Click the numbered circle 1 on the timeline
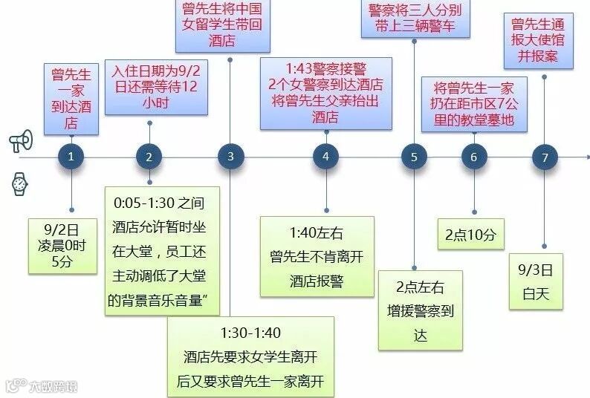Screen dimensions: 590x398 point(71,157)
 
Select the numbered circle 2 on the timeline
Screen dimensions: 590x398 point(149,157)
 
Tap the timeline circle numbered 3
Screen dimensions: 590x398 point(230,157)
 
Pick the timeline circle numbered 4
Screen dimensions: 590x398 point(325,157)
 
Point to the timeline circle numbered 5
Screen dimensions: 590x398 point(414,157)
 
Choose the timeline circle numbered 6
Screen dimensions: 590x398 point(474,157)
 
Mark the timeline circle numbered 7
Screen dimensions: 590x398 point(545,157)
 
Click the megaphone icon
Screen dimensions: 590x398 point(21,141)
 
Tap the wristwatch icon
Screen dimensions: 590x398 point(20,184)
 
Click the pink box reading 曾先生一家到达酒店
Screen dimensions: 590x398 point(71,99)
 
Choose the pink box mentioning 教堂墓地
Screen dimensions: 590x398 point(474,104)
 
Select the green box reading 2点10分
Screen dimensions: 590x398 point(470,235)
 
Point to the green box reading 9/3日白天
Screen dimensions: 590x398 point(536,282)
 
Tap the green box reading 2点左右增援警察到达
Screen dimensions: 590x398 point(421,310)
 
